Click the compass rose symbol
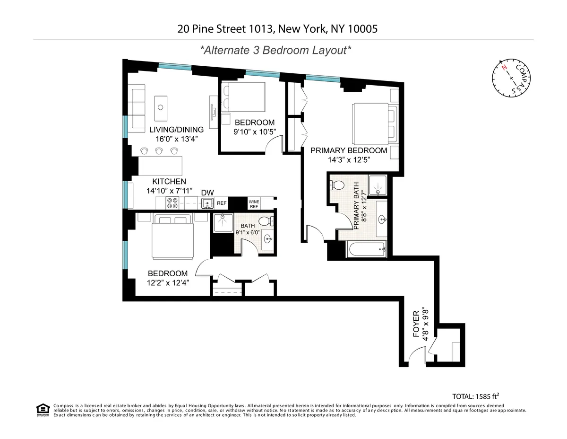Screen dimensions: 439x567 pyautogui.click(x=511, y=78)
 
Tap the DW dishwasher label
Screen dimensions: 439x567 pyautogui.click(x=207, y=193)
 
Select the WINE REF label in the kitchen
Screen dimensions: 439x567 pyautogui.click(x=254, y=204)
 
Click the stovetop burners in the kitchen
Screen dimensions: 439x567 pyautogui.click(x=172, y=203)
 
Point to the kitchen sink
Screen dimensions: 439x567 pyautogui.click(x=206, y=203)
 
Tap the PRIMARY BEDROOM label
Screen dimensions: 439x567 pyautogui.click(x=348, y=150)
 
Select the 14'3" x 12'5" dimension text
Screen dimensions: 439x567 pyautogui.click(x=348, y=160)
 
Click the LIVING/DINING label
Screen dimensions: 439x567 pyautogui.click(x=176, y=130)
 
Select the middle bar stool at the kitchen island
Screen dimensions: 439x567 pyautogui.click(x=159, y=151)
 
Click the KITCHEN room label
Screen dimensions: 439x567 pyautogui.click(x=169, y=182)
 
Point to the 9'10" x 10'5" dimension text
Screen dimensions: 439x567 pyautogui.click(x=254, y=132)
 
